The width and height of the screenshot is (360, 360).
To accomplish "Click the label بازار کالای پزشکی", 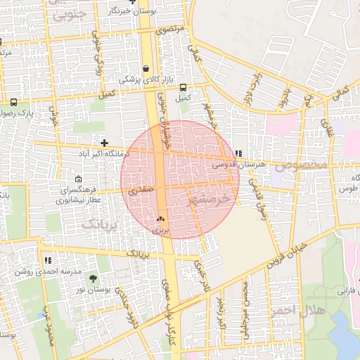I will click(x=145, y=80).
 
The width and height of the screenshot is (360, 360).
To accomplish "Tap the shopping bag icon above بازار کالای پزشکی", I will click(x=146, y=69).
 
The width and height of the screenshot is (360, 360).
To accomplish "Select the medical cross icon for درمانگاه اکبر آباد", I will click(x=105, y=143).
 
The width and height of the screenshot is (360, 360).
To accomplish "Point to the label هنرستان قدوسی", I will click(x=240, y=164).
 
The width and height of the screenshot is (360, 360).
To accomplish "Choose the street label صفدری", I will click(x=140, y=190).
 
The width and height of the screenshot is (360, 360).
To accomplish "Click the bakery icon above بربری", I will click(x=161, y=219).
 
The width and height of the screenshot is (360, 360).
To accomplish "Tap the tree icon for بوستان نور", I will click(x=93, y=279).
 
